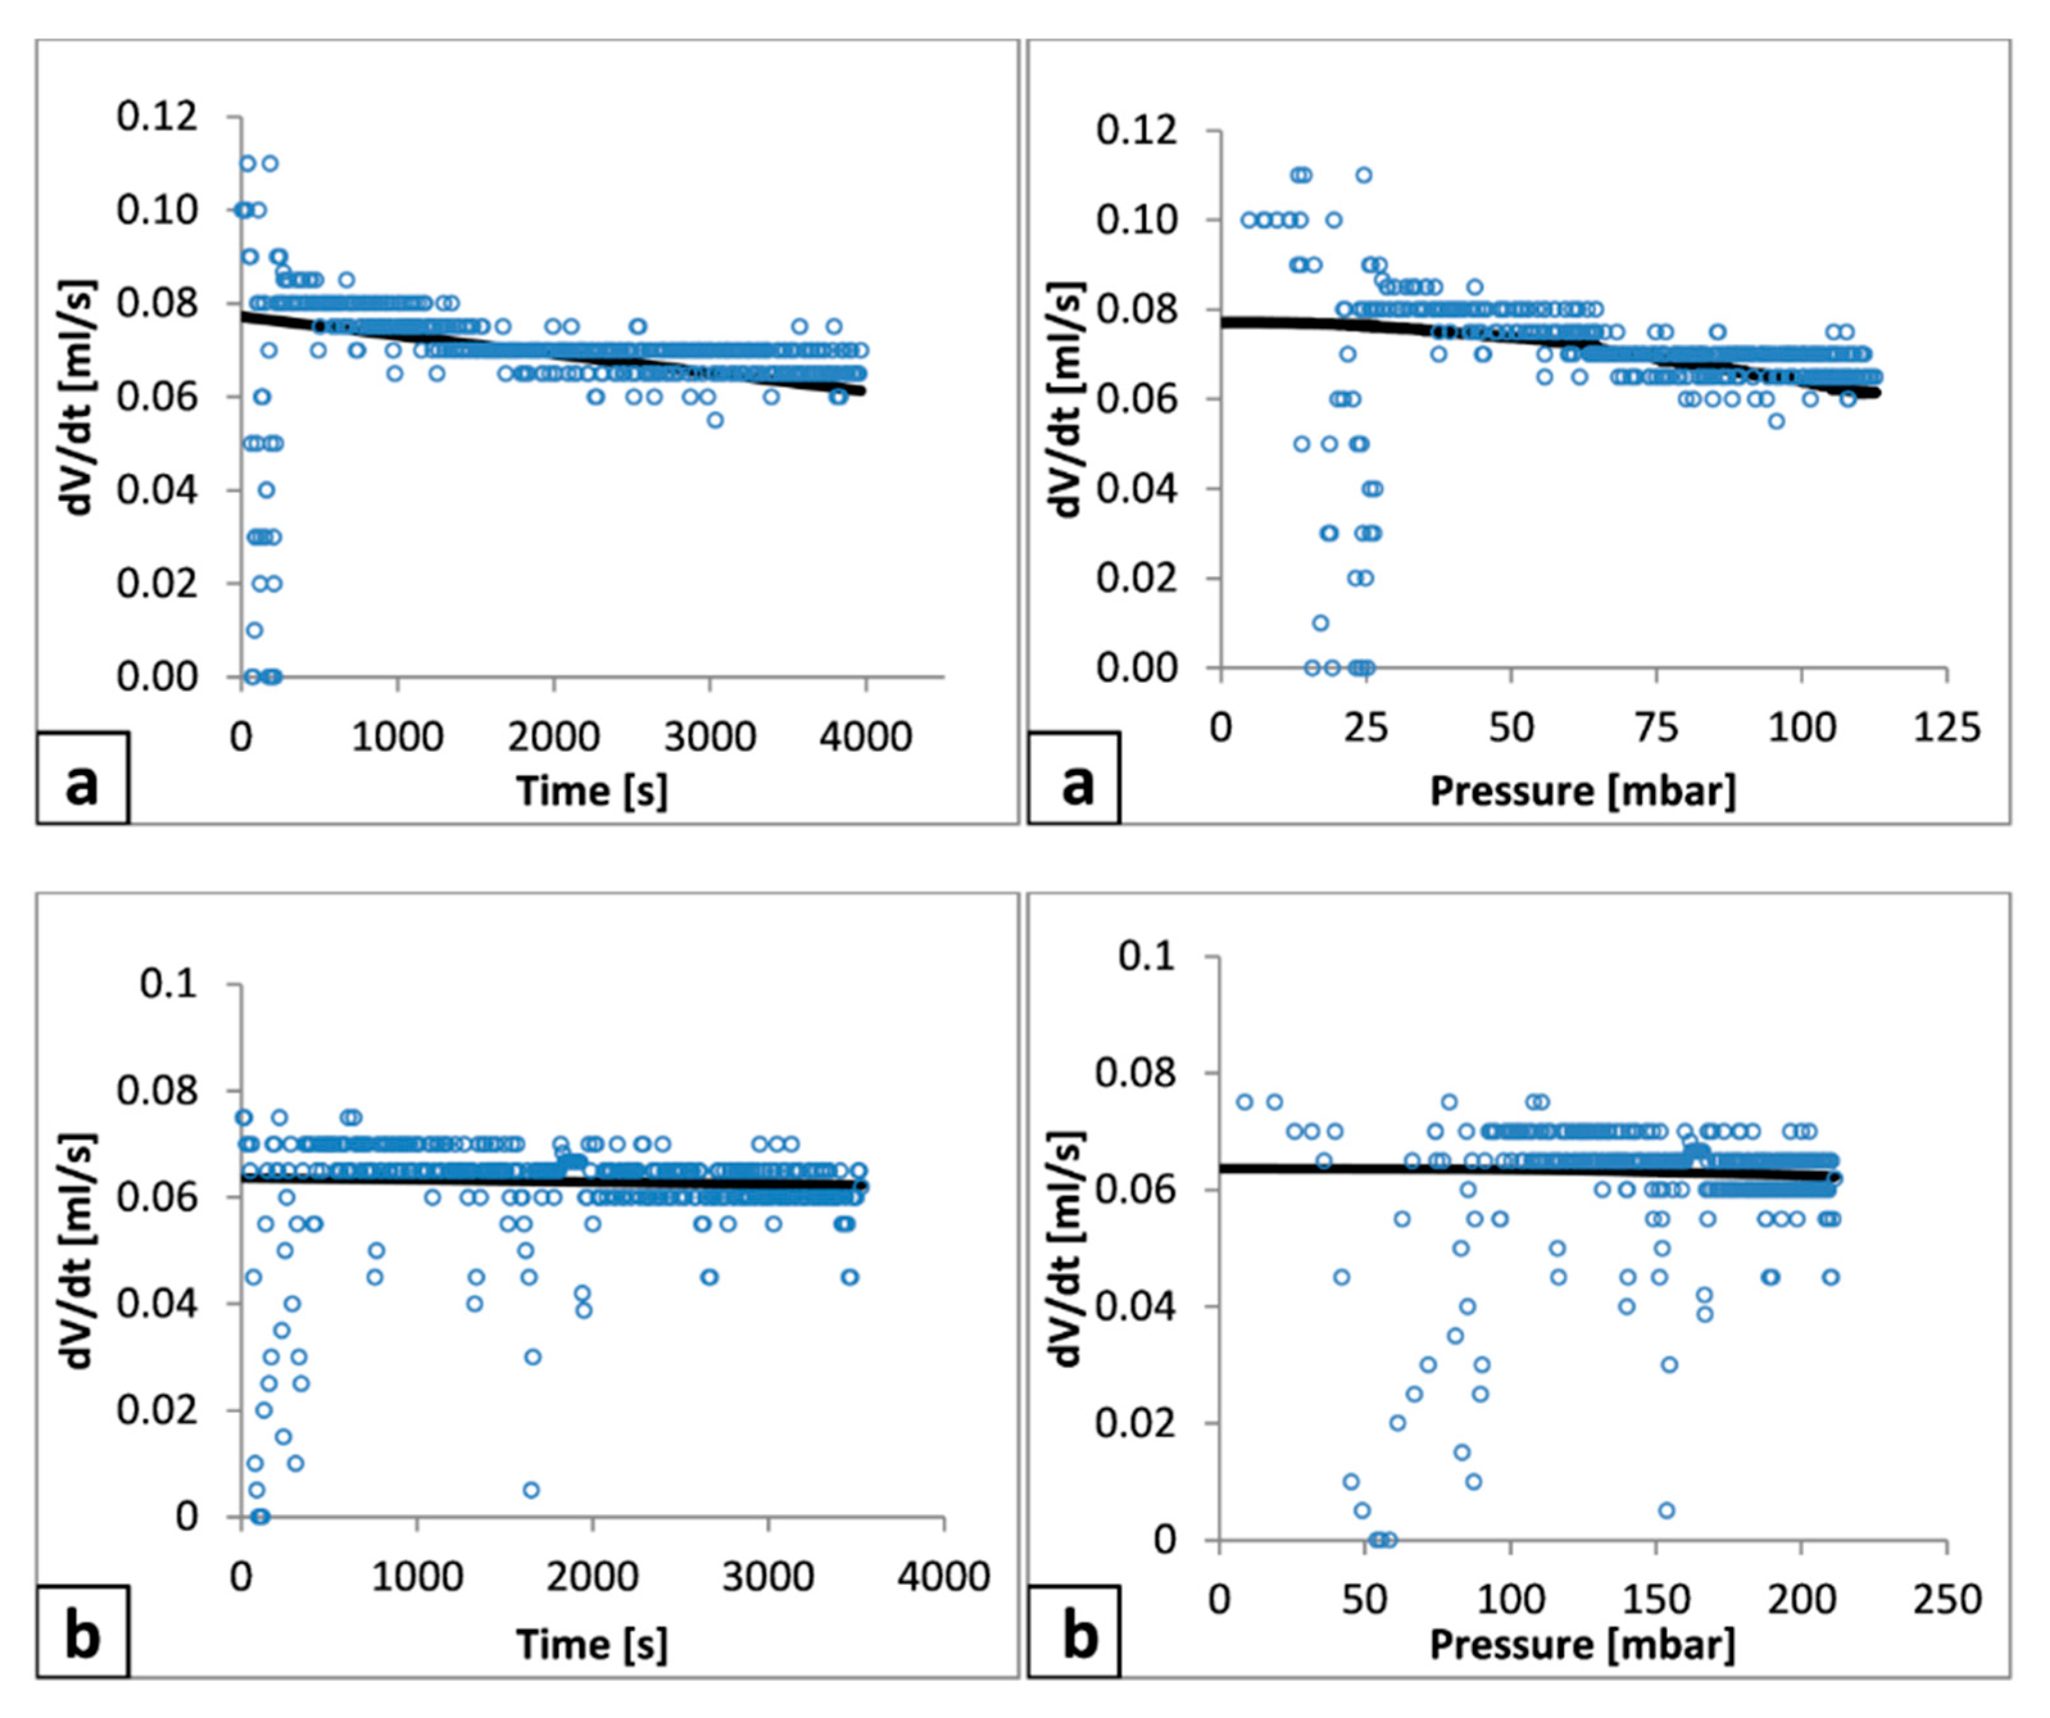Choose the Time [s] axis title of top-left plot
tap(592, 790)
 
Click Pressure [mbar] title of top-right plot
tap(1583, 790)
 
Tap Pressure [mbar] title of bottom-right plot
tap(1583, 1645)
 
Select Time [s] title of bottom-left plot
tap(592, 1645)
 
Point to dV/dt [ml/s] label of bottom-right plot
tap(1068, 1249)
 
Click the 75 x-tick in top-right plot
tap(1656, 727)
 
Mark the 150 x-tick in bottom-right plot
tap(1656, 1600)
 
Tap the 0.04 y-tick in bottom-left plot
tap(156, 1303)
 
